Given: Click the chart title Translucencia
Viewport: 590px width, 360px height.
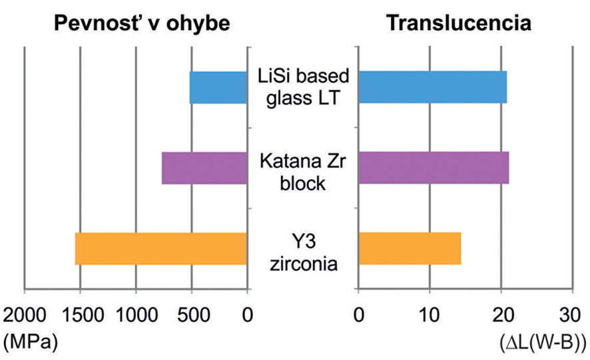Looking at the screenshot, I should [x=459, y=23].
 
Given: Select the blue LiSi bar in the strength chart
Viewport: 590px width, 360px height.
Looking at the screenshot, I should [x=218, y=87].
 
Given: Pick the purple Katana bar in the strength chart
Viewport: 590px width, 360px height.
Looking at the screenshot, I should [x=204, y=168].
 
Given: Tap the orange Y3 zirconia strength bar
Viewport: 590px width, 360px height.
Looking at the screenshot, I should [x=160, y=248].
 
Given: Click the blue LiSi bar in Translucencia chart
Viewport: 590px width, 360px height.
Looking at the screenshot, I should [x=432, y=87].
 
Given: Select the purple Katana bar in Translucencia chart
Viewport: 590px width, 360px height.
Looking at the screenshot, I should [x=434, y=168].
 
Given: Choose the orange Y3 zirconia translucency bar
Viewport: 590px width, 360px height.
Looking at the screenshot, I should [x=410, y=248].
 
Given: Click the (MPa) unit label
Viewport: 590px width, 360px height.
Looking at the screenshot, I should [x=30, y=341].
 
